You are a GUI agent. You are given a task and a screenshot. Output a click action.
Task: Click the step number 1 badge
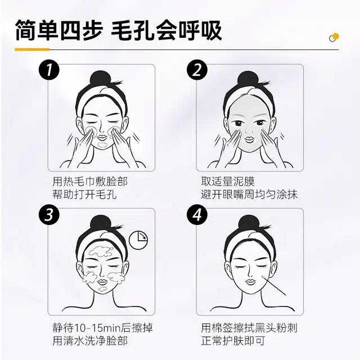pyautogui.click(x=49, y=70)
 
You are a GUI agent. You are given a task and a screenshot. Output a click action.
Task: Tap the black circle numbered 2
pyautogui.click(x=197, y=70)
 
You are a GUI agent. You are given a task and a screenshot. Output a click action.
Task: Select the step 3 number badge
pyautogui.click(x=49, y=215)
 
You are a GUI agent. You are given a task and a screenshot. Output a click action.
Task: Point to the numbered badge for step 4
pyautogui.click(x=197, y=215)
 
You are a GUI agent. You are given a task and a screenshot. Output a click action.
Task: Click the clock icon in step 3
pyautogui.click(x=138, y=240)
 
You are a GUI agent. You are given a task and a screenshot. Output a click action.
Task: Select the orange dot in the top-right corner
pyautogui.click(x=336, y=36)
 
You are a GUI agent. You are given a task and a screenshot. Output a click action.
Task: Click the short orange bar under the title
pyautogui.click(x=32, y=49)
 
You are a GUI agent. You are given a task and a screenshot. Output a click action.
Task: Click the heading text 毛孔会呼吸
pyautogui.click(x=166, y=30)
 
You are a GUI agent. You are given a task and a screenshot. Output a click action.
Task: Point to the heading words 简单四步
pyautogui.click(x=58, y=30)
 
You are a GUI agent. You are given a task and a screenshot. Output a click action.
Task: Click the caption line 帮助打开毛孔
pyautogui.click(x=84, y=195)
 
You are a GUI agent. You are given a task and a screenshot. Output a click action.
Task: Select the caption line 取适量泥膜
pyautogui.click(x=228, y=181)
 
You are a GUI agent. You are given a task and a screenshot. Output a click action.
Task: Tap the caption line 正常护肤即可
pyautogui.click(x=233, y=341)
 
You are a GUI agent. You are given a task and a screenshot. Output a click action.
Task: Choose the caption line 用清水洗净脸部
pyautogui.click(x=90, y=341)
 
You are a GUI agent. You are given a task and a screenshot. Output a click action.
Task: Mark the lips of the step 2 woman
pyautogui.click(x=249, y=139)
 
